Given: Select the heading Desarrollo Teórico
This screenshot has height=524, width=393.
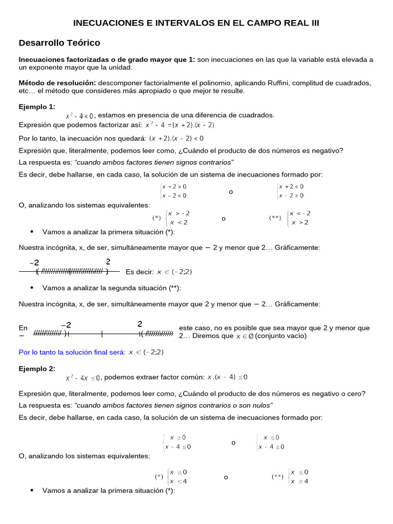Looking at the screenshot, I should pyautogui.click(x=59, y=43).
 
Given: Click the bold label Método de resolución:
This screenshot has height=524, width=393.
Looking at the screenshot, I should pyautogui.click(x=57, y=82).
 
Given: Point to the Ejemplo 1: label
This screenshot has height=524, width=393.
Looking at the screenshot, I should pyautogui.click(x=37, y=106).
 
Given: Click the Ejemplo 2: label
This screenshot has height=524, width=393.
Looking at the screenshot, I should pyautogui.click(x=37, y=368).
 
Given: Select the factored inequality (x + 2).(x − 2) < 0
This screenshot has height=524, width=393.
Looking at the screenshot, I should pyautogui.click(x=177, y=138).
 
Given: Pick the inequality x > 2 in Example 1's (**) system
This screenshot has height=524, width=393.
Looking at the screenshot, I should pyautogui.click(x=299, y=223).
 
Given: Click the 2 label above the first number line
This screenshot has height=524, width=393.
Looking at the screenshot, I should pyautogui.click(x=108, y=261).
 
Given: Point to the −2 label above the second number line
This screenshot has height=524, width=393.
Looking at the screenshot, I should pyautogui.click(x=66, y=324).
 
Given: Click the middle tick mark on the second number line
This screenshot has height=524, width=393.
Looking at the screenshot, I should pyautogui.click(x=102, y=334).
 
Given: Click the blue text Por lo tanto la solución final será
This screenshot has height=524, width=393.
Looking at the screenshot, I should pyautogui.click(x=72, y=353).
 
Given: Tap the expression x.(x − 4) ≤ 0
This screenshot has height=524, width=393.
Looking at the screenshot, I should pyautogui.click(x=227, y=378).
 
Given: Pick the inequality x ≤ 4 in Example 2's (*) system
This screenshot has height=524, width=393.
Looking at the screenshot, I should pyautogui.click(x=178, y=481).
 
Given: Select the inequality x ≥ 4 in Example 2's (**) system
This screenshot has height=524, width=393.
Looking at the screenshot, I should pyautogui.click(x=299, y=481).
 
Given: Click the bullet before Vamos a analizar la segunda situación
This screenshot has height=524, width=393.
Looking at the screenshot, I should pyautogui.click(x=32, y=287).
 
